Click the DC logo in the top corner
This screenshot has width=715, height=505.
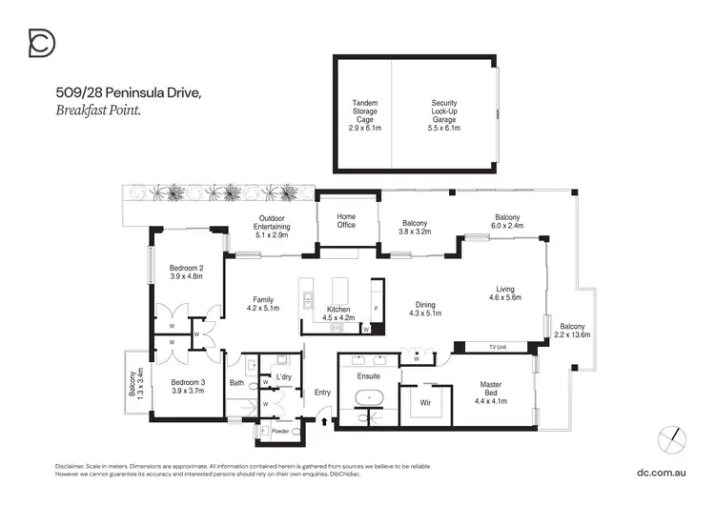click(42, 44)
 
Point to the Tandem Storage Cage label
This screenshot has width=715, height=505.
click(363, 113)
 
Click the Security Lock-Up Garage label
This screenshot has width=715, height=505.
click(445, 113)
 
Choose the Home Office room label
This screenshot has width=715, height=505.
click(346, 220)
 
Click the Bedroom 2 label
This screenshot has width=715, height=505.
click(187, 272)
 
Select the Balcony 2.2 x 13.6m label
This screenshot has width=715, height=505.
click(574, 330)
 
